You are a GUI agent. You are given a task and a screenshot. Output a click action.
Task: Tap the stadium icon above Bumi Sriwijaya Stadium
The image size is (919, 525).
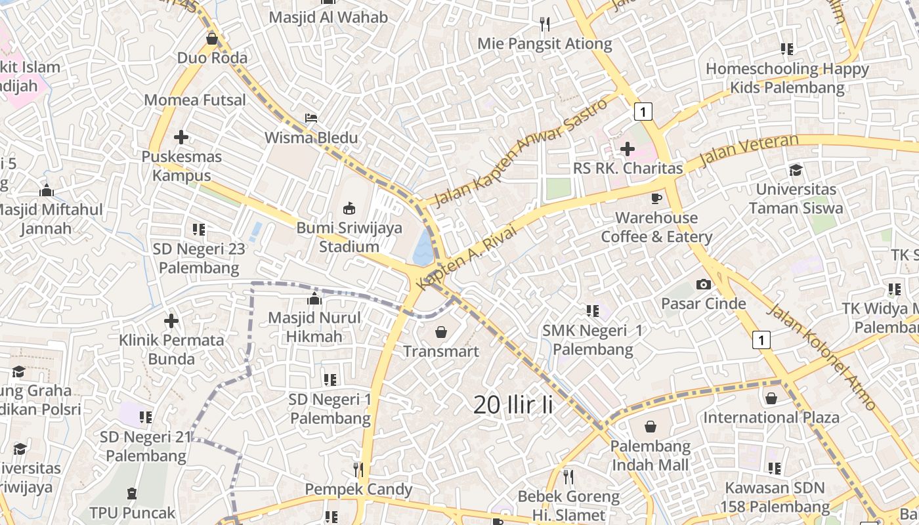349,209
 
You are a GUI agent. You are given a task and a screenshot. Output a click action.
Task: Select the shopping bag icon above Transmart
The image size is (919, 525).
441,332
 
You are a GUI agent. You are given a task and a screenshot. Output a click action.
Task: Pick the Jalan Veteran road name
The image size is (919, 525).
749,150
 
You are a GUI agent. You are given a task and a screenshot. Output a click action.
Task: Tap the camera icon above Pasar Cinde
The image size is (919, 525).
704,284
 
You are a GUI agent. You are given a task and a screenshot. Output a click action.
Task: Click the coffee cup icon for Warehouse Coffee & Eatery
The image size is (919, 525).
656,198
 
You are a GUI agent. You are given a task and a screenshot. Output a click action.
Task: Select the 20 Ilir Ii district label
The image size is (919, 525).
513,405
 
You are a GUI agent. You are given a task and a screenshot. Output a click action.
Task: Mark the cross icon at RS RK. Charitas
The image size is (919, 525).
627,149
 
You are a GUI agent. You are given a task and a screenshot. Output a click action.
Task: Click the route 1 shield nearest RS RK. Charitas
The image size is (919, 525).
643,112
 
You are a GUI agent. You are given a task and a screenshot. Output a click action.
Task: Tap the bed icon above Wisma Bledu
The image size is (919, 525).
311,118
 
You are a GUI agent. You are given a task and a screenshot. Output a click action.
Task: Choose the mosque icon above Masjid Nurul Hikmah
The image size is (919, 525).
314,299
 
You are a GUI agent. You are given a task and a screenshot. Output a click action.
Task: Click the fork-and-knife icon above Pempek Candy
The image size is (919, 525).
358,469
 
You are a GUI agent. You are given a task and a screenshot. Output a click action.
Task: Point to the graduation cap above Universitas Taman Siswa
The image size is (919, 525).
796,170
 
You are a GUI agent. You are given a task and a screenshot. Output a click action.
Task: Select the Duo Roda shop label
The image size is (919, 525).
212,58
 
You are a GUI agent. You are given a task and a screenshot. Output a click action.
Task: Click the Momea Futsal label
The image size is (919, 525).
195,100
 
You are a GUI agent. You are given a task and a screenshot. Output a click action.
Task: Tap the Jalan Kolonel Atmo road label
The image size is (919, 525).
822,358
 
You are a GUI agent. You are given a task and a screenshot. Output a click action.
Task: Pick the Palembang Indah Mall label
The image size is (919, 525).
650,455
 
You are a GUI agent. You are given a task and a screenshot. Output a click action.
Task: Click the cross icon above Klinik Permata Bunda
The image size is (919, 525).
171,321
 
